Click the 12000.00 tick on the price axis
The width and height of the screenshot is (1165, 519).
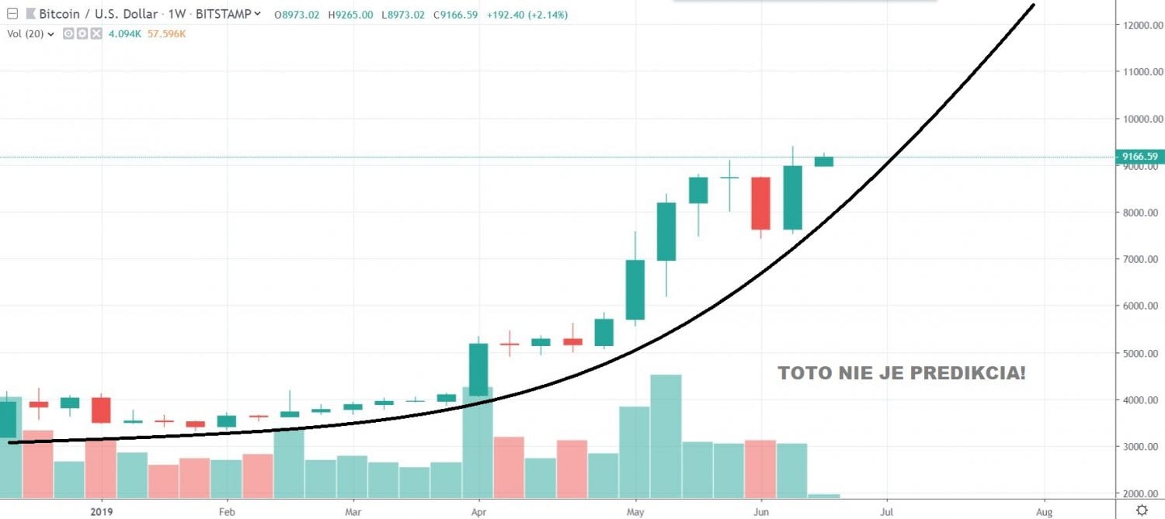1138,26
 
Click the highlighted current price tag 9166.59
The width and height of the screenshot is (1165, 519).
1139,157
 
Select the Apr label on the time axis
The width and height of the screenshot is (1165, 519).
478,511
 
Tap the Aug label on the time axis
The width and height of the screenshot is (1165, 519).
1044,511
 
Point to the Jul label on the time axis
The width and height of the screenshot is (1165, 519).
885,511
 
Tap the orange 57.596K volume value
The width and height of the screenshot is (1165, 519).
164,34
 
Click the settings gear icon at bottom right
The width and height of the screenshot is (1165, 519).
1142,510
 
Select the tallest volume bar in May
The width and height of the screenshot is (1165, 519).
666,435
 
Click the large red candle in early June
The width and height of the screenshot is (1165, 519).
760,203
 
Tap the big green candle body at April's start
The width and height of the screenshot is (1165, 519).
478,369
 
